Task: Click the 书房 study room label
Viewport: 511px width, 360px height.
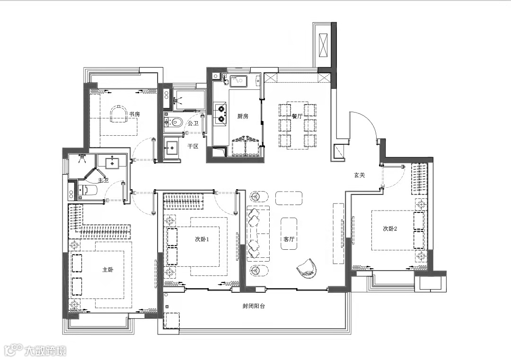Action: [x=134, y=114]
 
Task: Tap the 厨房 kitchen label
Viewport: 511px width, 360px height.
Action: [x=242, y=116]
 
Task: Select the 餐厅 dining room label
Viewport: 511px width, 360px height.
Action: [x=297, y=116]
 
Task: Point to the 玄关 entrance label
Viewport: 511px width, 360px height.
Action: [x=360, y=175]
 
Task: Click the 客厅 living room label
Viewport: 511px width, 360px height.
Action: [x=289, y=239]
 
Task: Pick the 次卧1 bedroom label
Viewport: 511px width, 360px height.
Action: [x=202, y=239]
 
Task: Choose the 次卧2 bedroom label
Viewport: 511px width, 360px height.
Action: [x=390, y=228]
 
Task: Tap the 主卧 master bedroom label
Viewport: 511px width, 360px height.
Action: [x=108, y=270]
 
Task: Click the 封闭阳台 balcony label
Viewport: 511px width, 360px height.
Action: [x=254, y=306]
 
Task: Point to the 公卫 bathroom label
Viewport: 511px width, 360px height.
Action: [x=193, y=123]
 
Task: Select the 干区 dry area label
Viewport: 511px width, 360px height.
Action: [x=193, y=146]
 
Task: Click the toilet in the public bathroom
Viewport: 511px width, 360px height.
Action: [x=173, y=122]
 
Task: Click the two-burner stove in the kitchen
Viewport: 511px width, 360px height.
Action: [x=221, y=114]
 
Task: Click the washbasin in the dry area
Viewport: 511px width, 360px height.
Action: [x=172, y=148]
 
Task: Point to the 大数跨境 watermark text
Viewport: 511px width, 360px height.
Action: [x=45, y=351]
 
